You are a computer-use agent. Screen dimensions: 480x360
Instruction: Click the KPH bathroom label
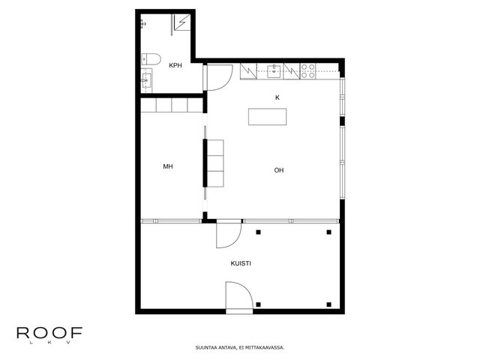click(x=175, y=65)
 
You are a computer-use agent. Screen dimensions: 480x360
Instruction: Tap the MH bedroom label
click(x=168, y=166)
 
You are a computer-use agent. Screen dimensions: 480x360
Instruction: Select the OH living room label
click(x=279, y=170)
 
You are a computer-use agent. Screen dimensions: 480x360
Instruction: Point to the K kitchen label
click(x=277, y=97)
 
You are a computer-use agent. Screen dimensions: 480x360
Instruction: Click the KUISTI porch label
click(x=241, y=263)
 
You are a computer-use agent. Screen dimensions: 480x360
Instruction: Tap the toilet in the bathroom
click(x=151, y=60)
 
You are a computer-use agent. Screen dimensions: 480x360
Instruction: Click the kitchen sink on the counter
click(x=274, y=72)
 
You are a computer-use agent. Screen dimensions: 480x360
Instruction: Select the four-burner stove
click(x=307, y=71)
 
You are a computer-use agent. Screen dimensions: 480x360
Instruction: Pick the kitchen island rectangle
click(x=268, y=117)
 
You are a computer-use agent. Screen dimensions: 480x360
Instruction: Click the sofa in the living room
click(x=215, y=163)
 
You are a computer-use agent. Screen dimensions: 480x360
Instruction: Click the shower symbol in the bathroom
click(x=182, y=22)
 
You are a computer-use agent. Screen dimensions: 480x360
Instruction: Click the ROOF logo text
click(x=49, y=333)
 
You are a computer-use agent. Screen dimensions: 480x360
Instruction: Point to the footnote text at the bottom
click(x=240, y=348)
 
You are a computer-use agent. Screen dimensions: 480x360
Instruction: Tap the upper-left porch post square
click(x=258, y=232)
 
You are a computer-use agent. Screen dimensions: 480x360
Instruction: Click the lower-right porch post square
click(x=329, y=304)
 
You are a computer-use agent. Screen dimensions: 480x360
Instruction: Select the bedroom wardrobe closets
click(x=172, y=105)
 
